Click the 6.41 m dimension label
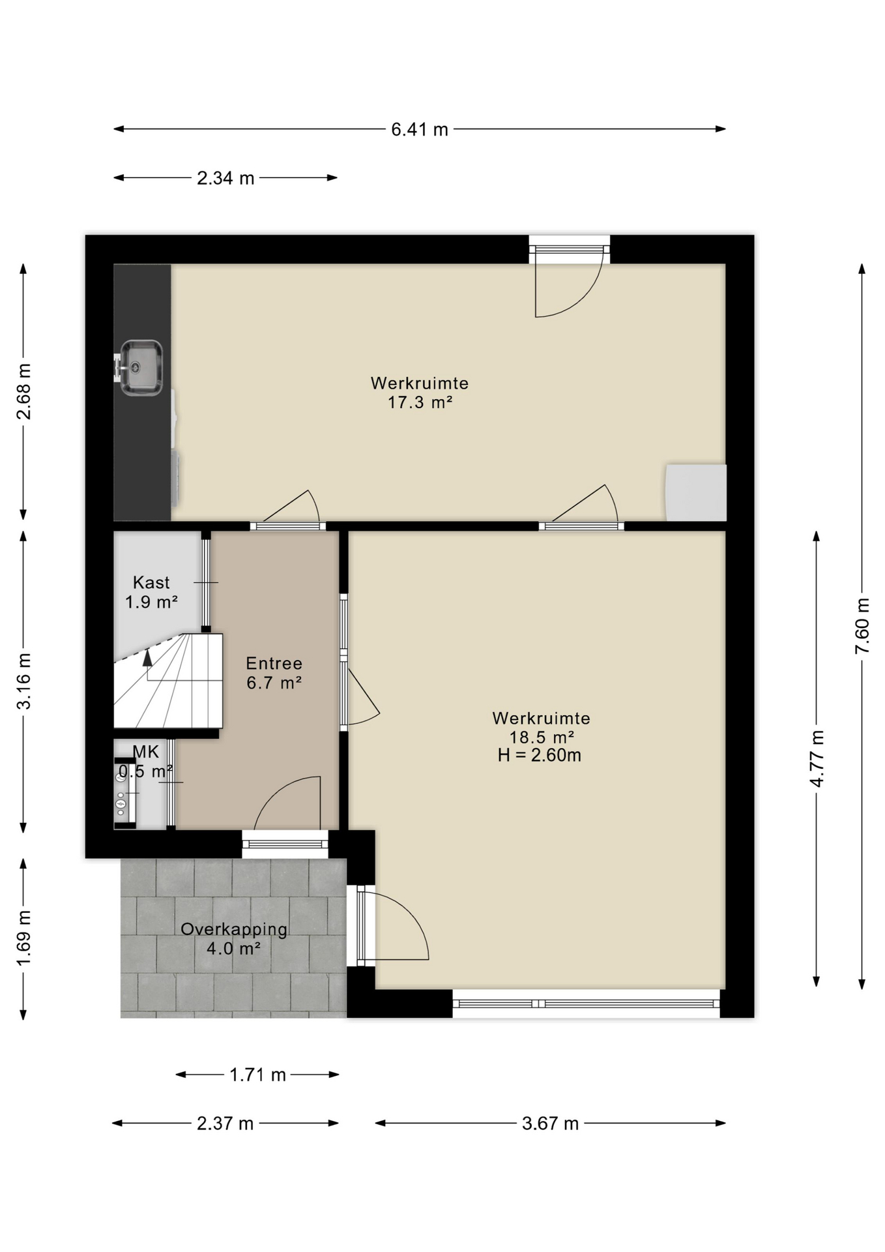click(x=420, y=130)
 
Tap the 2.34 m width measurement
click(x=225, y=178)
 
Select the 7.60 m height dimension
click(x=862, y=625)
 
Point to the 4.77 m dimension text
click(x=817, y=758)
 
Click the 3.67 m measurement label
click(x=551, y=1124)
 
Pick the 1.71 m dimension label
click(x=258, y=1075)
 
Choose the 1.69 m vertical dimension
click(x=24, y=938)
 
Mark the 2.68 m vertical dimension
click(x=24, y=391)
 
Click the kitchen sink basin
click(x=141, y=367)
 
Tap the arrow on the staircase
click(x=148, y=657)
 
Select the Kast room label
click(x=151, y=582)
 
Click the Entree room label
click(x=274, y=663)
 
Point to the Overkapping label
click(x=234, y=930)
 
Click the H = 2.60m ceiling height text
click(x=540, y=755)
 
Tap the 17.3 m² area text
click(x=420, y=402)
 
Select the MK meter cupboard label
click(x=146, y=752)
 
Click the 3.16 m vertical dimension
click(x=24, y=681)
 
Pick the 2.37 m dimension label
click(x=225, y=1124)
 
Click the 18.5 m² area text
click(x=542, y=737)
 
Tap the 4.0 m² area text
click(x=234, y=948)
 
